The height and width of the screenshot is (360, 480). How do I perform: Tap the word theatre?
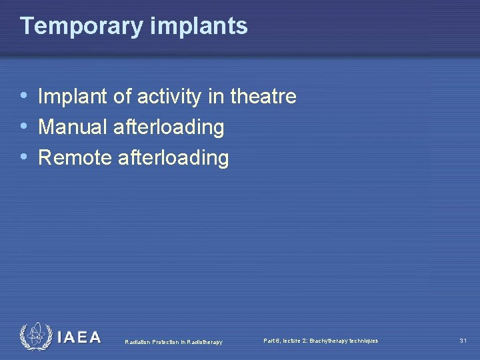tap(263, 97)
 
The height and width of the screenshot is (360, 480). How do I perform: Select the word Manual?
tap(73, 127)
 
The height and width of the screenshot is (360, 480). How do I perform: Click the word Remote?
tap(75, 158)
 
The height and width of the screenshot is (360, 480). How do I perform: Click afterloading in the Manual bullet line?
tap(169, 127)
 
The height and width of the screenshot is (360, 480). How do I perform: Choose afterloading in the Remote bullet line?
tap(173, 158)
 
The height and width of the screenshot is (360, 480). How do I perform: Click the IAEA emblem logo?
tap(35, 337)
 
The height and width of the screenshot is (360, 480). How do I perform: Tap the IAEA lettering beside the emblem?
tap(79, 337)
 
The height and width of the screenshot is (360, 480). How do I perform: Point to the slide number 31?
tap(463, 341)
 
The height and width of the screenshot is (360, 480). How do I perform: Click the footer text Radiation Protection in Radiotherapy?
tap(174, 342)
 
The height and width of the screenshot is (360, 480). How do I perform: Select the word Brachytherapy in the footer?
tap(329, 341)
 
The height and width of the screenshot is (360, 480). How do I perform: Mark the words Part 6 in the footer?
tap(273, 341)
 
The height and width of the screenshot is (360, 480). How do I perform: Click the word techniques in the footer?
tap(364, 341)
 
